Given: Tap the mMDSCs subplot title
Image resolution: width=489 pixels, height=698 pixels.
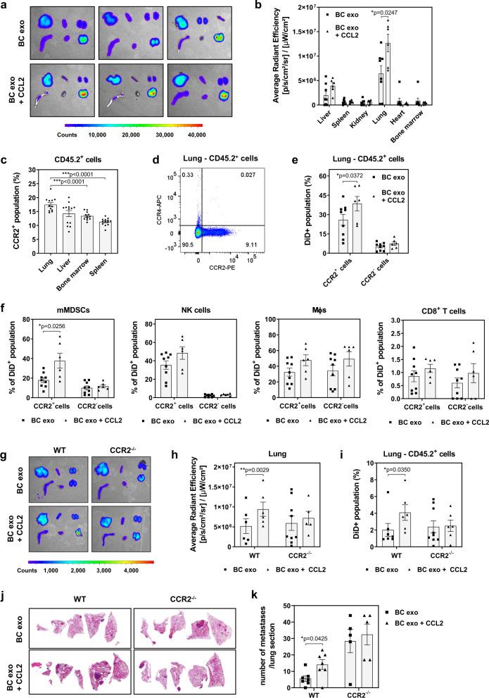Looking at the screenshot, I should pos(67,305).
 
